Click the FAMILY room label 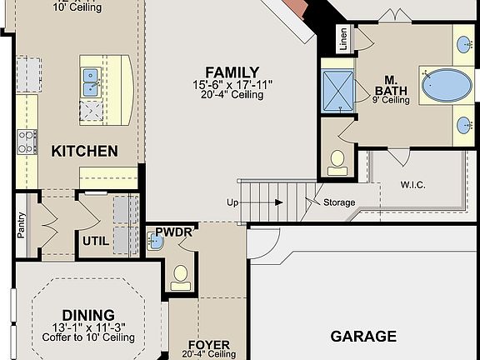coord(232,72)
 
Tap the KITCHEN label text coord(84,151)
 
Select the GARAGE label coord(363,337)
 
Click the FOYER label coord(208,344)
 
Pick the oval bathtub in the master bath coord(445,85)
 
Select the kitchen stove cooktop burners coord(27,142)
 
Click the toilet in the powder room coord(180,277)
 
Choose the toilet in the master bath coord(337,162)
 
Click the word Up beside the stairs coord(232,202)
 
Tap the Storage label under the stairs coord(339,202)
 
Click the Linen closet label coord(343,39)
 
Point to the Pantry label coord(21,225)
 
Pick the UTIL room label coord(94,242)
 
